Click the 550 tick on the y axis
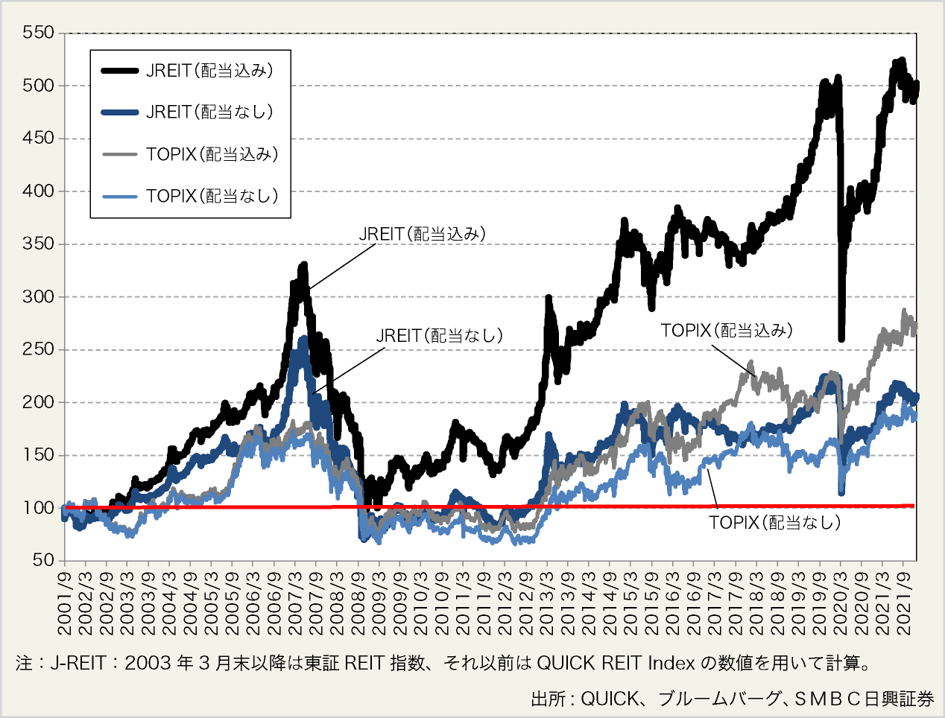click(38, 33)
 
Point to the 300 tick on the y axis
click(38, 296)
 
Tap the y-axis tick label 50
click(43, 560)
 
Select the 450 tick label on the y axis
click(38, 138)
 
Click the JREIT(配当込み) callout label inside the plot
click(422, 234)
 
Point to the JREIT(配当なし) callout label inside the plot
click(439, 336)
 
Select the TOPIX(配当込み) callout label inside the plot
click(727, 331)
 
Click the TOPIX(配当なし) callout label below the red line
click(774, 523)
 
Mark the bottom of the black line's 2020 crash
click(841, 339)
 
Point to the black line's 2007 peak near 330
click(303, 265)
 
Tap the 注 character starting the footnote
click(23, 663)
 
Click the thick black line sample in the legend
click(119, 71)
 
